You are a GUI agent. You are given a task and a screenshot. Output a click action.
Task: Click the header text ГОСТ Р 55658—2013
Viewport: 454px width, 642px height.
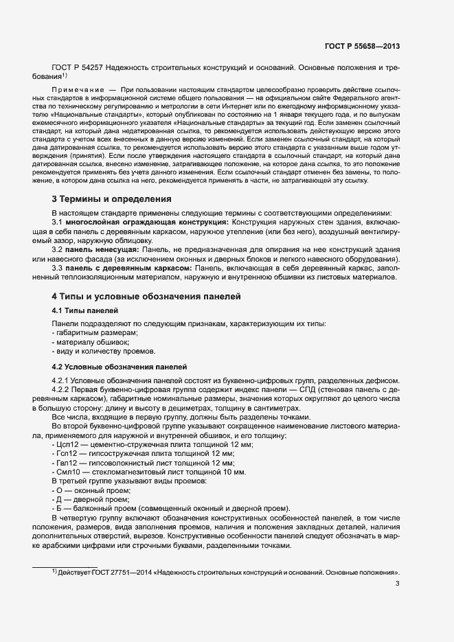point(362,46)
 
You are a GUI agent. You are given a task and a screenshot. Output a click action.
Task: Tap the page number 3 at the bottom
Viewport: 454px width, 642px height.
point(398,584)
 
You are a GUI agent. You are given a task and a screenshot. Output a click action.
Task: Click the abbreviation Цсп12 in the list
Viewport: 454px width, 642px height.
point(67,445)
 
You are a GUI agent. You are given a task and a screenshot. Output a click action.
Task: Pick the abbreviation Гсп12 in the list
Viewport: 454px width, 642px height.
point(67,454)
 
